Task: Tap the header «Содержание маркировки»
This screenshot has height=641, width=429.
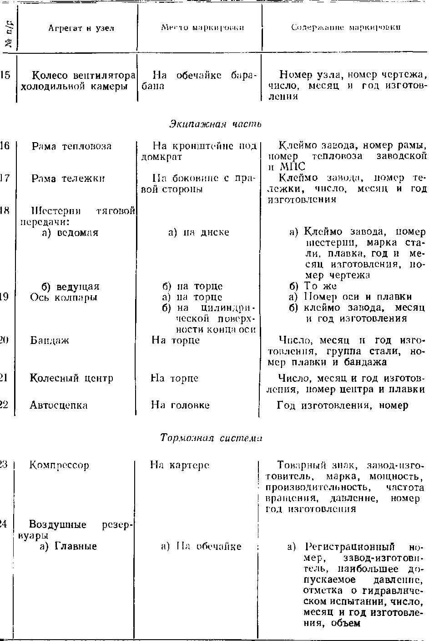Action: [346, 28]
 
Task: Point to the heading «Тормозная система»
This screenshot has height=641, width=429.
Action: [212, 438]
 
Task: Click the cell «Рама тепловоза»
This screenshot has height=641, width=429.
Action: [71, 146]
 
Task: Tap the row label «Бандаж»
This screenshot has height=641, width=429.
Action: [50, 340]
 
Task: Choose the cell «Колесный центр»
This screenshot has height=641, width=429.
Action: [71, 378]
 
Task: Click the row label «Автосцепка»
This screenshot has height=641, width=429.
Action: [59, 405]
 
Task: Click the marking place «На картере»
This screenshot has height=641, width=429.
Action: [180, 465]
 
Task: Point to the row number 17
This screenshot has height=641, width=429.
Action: [5, 178]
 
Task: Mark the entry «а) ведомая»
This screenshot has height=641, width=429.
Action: [70, 232]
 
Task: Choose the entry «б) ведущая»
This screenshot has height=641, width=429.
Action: [71, 287]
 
